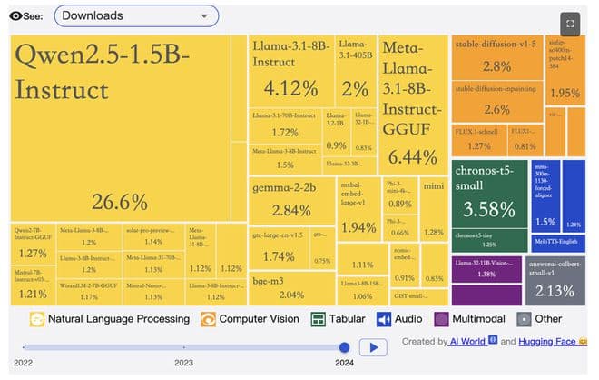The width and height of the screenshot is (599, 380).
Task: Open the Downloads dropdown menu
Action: point(136,15)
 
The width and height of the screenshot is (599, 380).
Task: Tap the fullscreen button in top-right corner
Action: point(569,24)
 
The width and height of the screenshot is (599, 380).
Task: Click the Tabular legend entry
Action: point(338,319)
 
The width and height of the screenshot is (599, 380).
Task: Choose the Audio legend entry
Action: point(400,319)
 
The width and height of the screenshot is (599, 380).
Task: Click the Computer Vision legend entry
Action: point(250,319)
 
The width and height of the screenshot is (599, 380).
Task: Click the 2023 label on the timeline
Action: point(183,362)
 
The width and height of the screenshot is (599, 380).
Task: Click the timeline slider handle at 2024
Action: point(344,346)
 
